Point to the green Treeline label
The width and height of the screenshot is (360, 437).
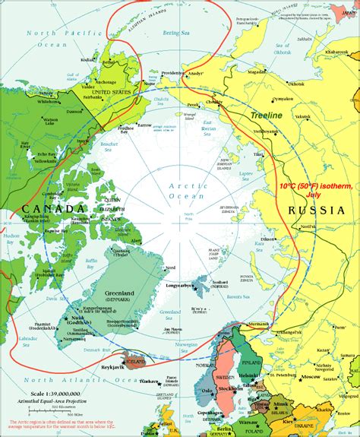pyautogui.click(x=266, y=116)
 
